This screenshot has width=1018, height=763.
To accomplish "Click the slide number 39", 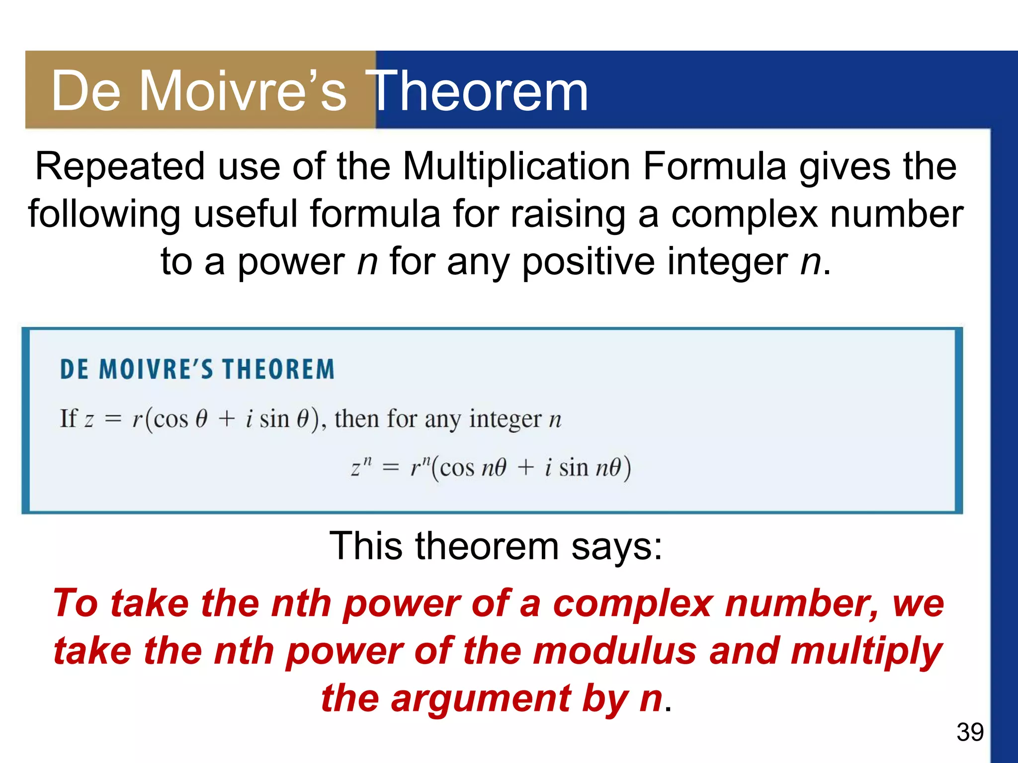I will [970, 732].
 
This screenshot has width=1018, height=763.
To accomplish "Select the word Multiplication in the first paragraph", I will [516, 166].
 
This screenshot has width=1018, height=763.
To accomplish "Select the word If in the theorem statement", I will [68, 418].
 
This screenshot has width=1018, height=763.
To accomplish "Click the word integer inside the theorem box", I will [505, 419].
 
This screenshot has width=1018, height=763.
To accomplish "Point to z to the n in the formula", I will [361, 467].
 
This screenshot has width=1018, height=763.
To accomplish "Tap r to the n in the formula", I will [420, 467].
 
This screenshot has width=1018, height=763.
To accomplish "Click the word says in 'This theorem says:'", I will [616, 547].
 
